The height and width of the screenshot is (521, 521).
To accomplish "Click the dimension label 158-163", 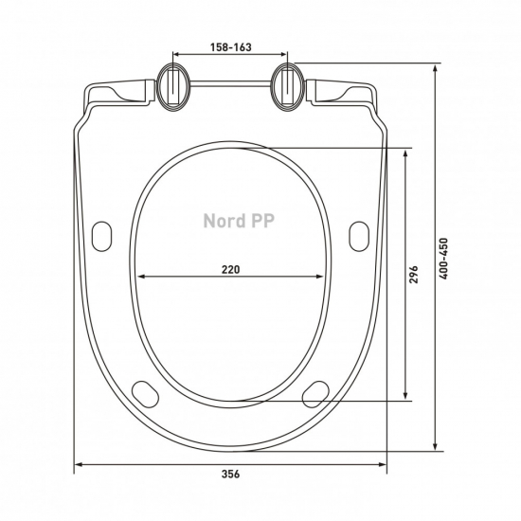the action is [x=230, y=47].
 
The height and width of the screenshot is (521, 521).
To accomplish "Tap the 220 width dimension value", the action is [x=230, y=269].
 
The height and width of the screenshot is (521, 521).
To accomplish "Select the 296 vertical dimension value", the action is [x=414, y=274].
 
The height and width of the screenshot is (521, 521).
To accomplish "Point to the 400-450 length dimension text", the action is [x=443, y=259].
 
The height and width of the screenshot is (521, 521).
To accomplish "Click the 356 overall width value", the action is [x=230, y=474].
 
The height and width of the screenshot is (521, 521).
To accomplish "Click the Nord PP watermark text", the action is [x=239, y=221].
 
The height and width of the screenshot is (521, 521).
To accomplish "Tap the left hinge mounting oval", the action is [x=173, y=87].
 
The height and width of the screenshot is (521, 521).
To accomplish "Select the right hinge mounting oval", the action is [x=288, y=87].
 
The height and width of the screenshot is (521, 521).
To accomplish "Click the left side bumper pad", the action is [x=101, y=236].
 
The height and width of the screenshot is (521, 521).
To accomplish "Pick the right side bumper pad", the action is [x=359, y=236].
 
